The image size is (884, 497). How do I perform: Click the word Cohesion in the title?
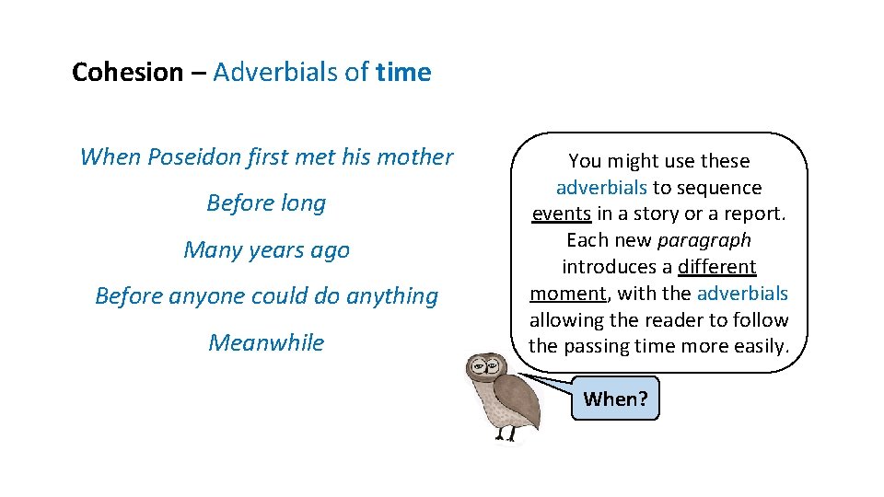point(127,73)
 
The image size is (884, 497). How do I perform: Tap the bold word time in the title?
point(403,73)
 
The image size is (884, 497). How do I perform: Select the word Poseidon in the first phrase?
point(191,157)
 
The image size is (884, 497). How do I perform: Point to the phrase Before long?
point(266,203)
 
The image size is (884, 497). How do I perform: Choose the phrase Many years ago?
point(266,250)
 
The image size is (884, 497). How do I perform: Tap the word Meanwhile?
point(266,342)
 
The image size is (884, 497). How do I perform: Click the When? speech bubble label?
point(615,399)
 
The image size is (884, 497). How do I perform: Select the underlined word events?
point(561,214)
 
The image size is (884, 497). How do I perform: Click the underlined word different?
point(716,267)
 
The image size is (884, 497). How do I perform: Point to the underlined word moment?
point(567,294)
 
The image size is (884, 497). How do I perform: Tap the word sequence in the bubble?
point(721,188)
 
